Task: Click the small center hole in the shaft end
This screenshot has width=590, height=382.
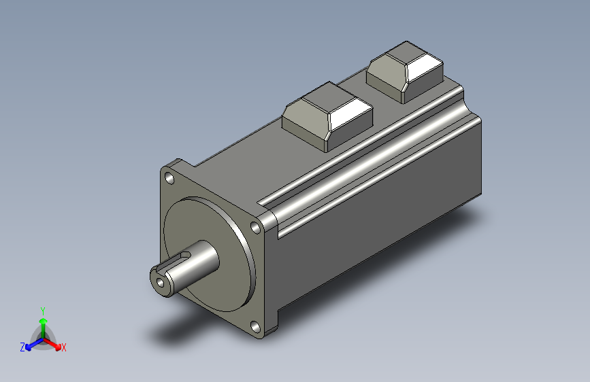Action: [x=161, y=280]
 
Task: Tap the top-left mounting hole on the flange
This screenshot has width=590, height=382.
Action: [x=169, y=178]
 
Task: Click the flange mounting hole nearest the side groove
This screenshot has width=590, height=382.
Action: [x=256, y=227]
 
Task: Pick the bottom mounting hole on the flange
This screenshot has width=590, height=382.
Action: [x=256, y=326]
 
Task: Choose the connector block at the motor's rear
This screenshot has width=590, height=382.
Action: [x=406, y=71]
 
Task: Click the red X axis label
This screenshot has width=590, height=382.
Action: [x=64, y=348]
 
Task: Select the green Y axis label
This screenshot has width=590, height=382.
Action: [x=43, y=309]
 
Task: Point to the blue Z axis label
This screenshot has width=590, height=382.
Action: [x=22, y=347]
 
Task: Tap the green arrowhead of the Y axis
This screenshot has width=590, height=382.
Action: [x=43, y=319]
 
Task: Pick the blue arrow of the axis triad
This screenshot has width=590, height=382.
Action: [x=31, y=344]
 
